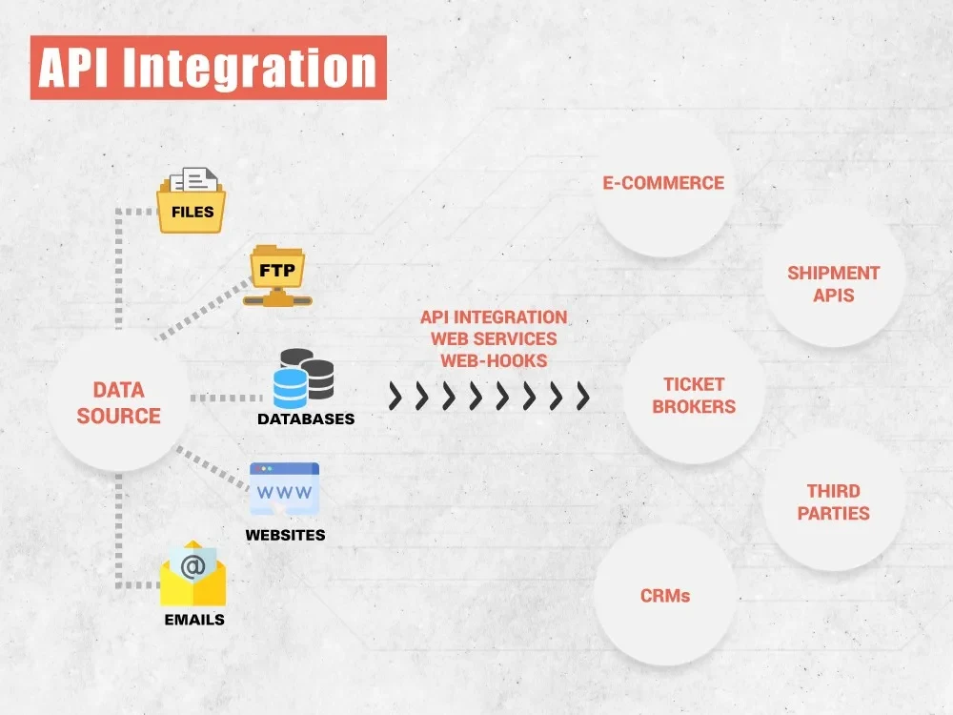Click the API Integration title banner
(208, 68)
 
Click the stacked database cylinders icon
(303, 378)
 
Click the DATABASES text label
(306, 419)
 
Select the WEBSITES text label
(285, 535)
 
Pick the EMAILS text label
(193, 620)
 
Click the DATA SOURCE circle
(119, 402)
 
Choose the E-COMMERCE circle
(663, 183)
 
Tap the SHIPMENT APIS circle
(833, 284)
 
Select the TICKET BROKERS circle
(695, 395)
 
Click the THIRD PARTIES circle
(833, 501)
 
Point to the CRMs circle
(665, 596)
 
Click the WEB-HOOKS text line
(494, 360)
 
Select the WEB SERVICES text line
(494, 338)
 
